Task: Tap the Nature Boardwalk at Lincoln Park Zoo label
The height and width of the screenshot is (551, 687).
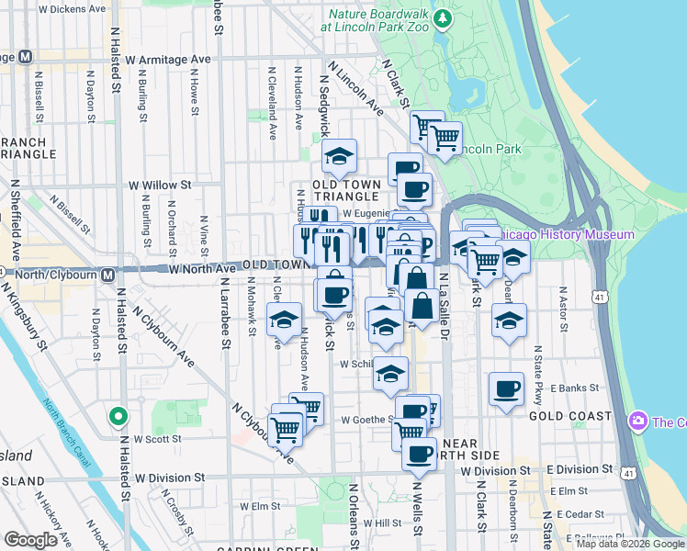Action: pos(376,19)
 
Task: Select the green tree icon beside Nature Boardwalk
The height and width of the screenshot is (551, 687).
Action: pos(444,18)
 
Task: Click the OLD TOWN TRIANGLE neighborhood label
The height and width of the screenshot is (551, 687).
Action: pos(346,190)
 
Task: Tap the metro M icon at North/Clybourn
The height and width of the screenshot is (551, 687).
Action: pos(108,274)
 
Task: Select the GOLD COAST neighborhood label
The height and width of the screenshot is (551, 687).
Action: pos(570,416)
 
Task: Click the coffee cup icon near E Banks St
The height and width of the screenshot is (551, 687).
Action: pos(506,388)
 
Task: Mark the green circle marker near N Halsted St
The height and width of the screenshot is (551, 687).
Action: pos(118,417)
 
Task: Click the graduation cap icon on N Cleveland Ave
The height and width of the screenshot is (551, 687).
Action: pos(285,321)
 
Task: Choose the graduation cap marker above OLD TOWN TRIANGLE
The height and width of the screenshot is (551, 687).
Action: pos(339,157)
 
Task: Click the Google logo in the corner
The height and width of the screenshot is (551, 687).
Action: pos(31,540)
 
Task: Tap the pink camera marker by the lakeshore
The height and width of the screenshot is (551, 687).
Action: pos(637,422)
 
